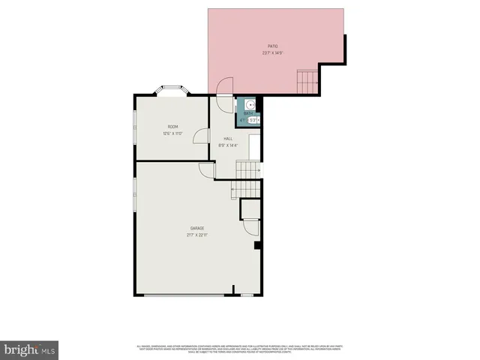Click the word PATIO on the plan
point(272,46)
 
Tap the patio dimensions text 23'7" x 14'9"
point(272,53)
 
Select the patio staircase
point(307,79)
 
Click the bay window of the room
point(172,91)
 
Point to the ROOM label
point(172,127)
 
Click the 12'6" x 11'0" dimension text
point(172,133)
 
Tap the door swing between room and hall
point(200,136)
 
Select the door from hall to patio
point(223,87)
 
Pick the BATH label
point(248,114)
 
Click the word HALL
point(228,139)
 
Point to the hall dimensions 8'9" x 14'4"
point(228,145)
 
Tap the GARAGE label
point(196,228)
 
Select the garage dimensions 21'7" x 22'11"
point(196,235)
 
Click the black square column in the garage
point(257,245)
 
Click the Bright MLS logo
point(29,349)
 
